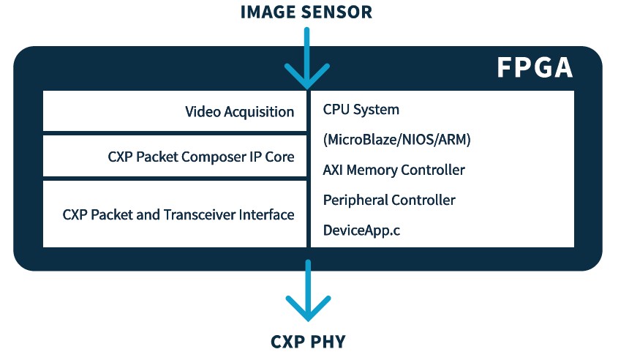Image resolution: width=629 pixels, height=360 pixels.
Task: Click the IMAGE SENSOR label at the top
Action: (x=307, y=12)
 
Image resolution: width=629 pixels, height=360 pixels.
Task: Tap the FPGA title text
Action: (x=535, y=68)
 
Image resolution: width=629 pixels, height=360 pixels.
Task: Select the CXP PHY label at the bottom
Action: (x=307, y=342)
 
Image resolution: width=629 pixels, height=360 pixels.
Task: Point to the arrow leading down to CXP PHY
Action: (x=308, y=293)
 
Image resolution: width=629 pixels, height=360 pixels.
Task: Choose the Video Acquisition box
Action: (x=175, y=111)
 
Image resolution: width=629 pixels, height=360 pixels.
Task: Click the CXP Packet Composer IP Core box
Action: (x=175, y=157)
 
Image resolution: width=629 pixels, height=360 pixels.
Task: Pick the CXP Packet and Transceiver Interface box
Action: (x=175, y=214)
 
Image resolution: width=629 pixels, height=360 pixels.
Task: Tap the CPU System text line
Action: (x=361, y=110)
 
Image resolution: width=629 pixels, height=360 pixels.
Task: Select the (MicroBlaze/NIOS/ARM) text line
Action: (x=396, y=140)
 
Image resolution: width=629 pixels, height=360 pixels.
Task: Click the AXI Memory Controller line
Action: (x=393, y=170)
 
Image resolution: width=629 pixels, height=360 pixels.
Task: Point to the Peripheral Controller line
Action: (x=389, y=200)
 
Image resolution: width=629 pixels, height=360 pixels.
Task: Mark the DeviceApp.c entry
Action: (x=361, y=230)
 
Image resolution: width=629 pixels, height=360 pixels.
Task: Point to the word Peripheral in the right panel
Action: (x=355, y=200)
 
